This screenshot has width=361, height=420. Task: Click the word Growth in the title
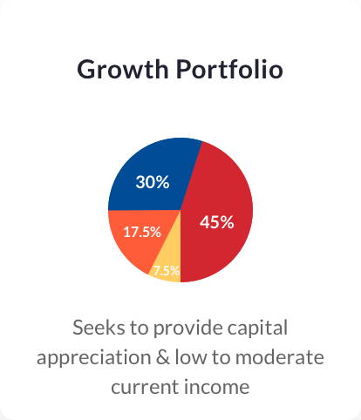[123, 69]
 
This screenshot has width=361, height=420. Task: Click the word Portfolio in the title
[229, 69]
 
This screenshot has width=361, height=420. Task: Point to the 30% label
[153, 182]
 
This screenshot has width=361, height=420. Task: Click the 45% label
[217, 222]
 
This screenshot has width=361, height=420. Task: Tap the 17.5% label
[142, 232]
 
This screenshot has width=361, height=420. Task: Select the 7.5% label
[167, 271]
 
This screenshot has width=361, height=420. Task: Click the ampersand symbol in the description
[163, 357]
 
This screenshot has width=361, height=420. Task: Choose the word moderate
[280, 357]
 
